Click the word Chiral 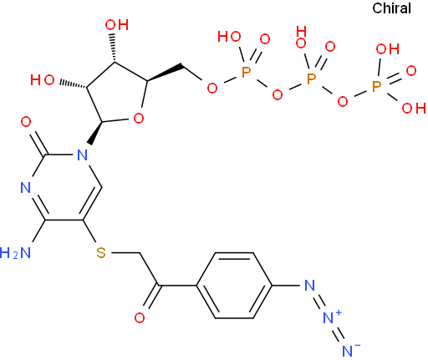point(391,8)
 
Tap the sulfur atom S point(101,252)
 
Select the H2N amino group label point(15,253)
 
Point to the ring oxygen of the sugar point(139,119)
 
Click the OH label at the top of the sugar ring point(117,25)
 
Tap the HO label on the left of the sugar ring point(43,80)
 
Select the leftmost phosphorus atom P point(246,72)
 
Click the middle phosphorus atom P point(311,79)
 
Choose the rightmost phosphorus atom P point(376,86)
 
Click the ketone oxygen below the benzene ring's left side point(140,317)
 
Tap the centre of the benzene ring point(234,285)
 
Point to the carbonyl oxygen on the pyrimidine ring point(26,122)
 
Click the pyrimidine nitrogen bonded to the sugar point(82,155)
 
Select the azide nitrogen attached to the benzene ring point(309,285)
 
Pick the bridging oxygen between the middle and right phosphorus point(343,101)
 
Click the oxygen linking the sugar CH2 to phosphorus point(212,88)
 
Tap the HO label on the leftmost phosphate point(229,37)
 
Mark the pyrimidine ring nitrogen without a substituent point(26,187)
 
